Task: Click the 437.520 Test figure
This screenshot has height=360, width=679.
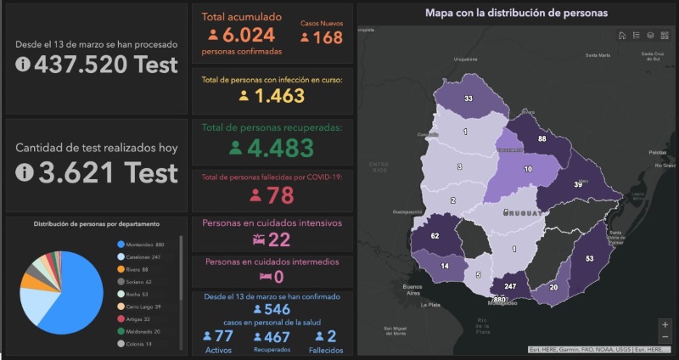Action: [x=106, y=65]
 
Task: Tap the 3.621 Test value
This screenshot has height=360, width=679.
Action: [x=106, y=172]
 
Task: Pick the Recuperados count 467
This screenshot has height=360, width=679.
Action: [x=272, y=335]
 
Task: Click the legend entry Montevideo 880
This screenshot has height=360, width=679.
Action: [x=141, y=245]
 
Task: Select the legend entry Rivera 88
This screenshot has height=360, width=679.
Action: [x=136, y=270]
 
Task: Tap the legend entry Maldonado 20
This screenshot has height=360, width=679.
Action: [x=139, y=331]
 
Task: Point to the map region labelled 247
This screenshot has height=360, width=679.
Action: [x=510, y=286]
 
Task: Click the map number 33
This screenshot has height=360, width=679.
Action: [x=468, y=98]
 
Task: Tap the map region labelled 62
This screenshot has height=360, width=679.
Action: [x=435, y=235]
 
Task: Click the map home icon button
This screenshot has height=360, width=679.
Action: [x=622, y=35]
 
